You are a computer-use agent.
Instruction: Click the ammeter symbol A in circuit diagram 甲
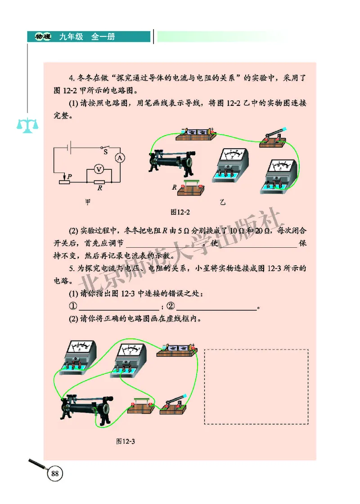pyautogui.click(x=120, y=157)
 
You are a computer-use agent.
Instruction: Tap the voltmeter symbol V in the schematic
pyautogui.click(x=99, y=168)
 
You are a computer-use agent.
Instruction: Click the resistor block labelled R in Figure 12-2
pyautogui.click(x=192, y=189)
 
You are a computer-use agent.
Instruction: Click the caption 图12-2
pyautogui.click(x=180, y=212)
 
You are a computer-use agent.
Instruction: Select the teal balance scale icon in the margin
pyautogui.click(x=27, y=125)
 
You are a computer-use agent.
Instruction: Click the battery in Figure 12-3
pyautogui.click(x=177, y=350)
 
